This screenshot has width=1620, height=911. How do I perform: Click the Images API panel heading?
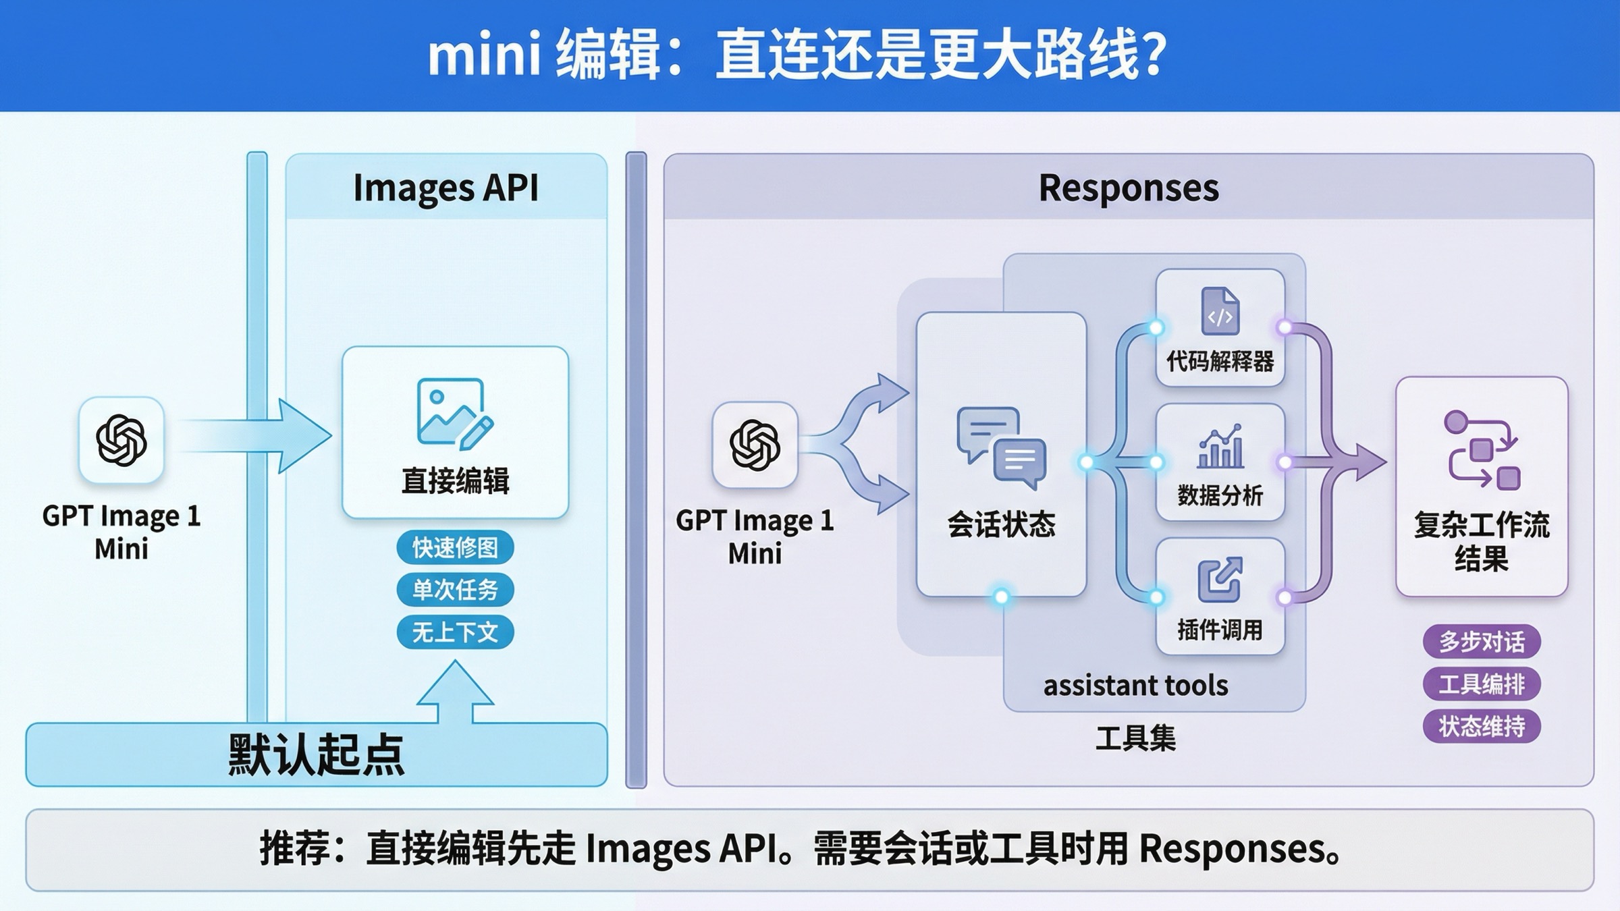click(x=446, y=188)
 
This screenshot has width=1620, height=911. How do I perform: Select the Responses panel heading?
click(x=1129, y=188)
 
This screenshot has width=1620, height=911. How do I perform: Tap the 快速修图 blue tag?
click(x=455, y=547)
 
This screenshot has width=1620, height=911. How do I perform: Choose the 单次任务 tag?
click(x=455, y=590)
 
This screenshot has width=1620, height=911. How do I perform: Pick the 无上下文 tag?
click(x=455, y=632)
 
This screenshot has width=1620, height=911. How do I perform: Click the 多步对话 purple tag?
click(x=1482, y=641)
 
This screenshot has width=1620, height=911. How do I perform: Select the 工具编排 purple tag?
click(x=1482, y=684)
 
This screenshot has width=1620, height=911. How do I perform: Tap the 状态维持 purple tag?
click(x=1482, y=727)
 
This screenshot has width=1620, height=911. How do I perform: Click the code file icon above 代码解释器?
click(x=1220, y=311)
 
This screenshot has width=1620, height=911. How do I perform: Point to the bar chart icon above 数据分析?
click(x=1220, y=447)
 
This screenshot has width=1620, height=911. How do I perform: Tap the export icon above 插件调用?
click(x=1220, y=579)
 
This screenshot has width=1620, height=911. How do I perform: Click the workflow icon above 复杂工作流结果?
click(x=1482, y=449)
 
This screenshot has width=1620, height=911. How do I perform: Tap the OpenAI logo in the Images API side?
click(x=122, y=441)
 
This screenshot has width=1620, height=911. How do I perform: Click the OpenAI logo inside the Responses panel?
click(x=755, y=445)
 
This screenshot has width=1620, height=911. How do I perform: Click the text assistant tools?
click(x=1135, y=686)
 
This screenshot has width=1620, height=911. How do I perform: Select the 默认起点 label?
click(x=316, y=754)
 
